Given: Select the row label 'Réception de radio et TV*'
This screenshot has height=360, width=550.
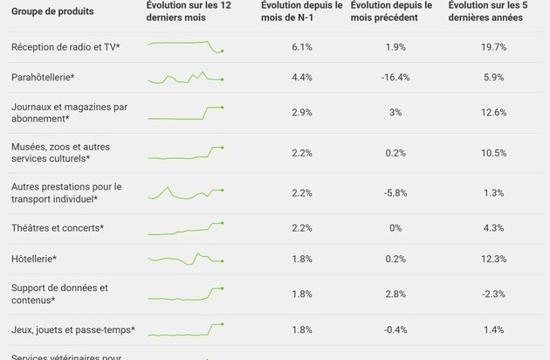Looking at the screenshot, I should click(x=65, y=46).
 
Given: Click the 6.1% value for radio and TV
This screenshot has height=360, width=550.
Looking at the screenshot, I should click(x=301, y=46).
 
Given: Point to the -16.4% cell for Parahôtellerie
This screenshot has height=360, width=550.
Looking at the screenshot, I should click(x=395, y=78).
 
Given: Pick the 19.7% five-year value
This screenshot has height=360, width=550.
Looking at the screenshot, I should click(x=494, y=46).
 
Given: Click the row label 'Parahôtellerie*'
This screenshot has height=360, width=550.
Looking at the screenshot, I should click(x=43, y=78).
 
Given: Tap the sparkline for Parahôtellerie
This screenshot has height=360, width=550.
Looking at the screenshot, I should click(x=185, y=79).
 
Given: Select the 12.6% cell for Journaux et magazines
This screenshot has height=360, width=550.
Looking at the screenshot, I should click(x=494, y=113).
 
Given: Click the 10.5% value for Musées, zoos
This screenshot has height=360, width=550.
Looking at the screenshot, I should click(x=494, y=153).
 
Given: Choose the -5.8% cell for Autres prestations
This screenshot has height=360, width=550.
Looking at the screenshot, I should click(x=395, y=192).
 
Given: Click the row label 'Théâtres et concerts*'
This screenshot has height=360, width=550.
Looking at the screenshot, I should click(x=58, y=228).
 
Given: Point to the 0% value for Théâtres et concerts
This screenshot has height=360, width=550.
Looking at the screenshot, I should click(x=395, y=228).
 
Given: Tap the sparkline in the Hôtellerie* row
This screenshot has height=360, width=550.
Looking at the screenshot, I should click(x=185, y=259).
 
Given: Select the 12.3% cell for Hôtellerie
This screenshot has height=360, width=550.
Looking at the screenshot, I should click(x=494, y=259).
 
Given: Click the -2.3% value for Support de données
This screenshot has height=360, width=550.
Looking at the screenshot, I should click(x=494, y=294).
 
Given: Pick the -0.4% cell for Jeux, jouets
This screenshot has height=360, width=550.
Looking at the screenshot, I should click(x=395, y=329).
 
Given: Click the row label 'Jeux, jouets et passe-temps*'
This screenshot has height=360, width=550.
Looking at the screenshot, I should click(x=73, y=329).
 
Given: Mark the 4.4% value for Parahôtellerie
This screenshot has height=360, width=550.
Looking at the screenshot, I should click(x=301, y=78).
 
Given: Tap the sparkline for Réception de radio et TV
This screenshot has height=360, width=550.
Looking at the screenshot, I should click(x=185, y=45).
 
